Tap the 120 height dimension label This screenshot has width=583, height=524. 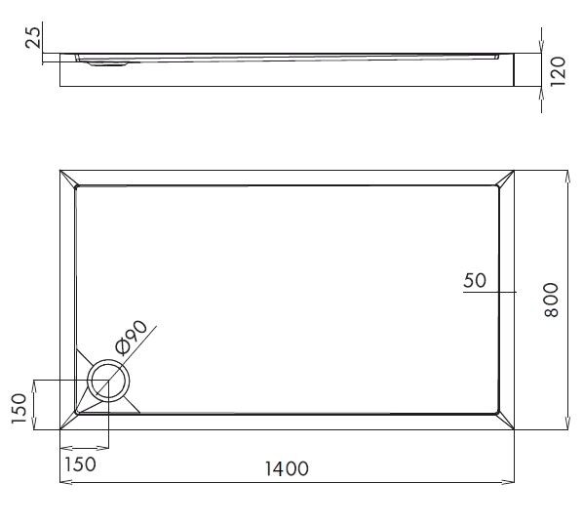(x=558, y=71)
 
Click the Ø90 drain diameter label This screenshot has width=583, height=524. (x=130, y=337)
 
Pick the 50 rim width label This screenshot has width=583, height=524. (x=475, y=281)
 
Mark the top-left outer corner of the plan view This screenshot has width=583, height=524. (x=60, y=171)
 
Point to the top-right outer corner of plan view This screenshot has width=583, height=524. (x=515, y=171)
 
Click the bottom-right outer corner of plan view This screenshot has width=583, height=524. (x=515, y=430)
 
